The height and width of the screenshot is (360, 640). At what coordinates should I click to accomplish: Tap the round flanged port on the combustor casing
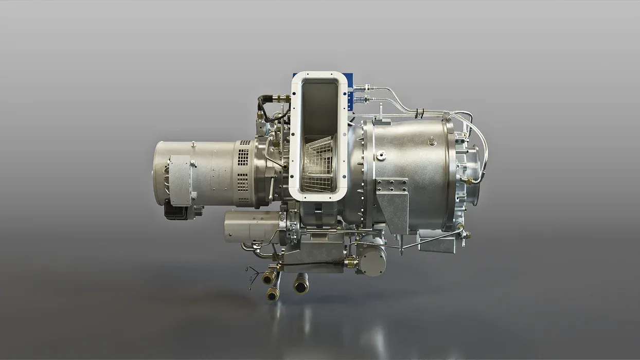pos(381,155)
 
